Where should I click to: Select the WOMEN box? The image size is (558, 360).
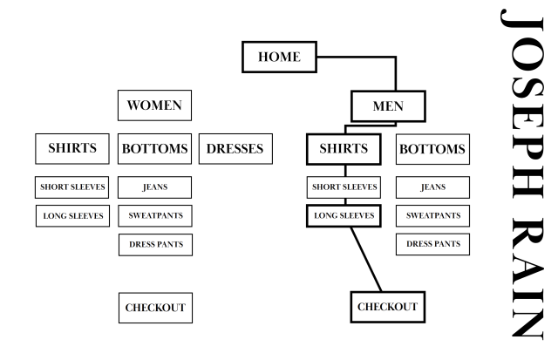click(154, 106)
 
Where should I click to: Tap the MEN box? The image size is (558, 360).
click(388, 107)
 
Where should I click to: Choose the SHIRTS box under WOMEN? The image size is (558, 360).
click(72, 148)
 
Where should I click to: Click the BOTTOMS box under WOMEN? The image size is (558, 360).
click(154, 149)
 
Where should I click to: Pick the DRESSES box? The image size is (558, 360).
click(235, 149)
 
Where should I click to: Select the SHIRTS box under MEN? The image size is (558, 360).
click(344, 149)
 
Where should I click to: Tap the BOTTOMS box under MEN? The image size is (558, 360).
click(432, 149)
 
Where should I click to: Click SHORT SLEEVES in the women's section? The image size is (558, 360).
click(72, 187)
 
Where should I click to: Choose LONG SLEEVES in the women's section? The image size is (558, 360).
click(72, 215)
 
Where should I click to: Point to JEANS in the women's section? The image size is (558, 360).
click(154, 187)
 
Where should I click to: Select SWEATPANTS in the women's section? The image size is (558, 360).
click(154, 215)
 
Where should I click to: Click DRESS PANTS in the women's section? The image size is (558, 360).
click(154, 245)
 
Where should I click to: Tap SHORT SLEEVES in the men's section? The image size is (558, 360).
click(344, 187)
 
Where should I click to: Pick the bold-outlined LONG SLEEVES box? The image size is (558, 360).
click(344, 215)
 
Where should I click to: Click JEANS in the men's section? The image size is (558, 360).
click(432, 187)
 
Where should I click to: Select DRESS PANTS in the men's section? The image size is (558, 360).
click(432, 245)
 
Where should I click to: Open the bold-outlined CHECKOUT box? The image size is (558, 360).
click(387, 307)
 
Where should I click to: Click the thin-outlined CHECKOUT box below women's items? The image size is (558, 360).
click(154, 308)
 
